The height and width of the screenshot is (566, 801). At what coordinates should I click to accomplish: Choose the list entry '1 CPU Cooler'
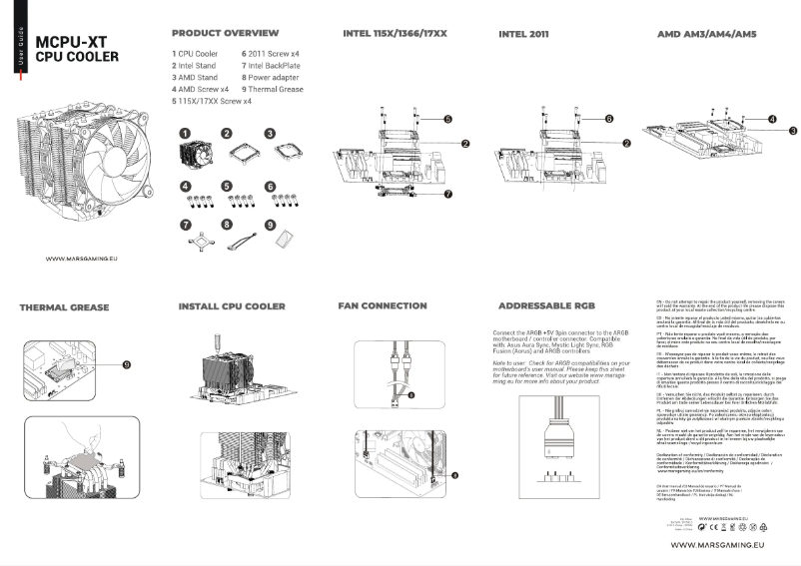[x=198, y=52]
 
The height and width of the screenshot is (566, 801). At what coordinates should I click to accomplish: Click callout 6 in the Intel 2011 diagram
[x=608, y=118]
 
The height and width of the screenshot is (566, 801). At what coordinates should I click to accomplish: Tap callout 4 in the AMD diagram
[x=773, y=117]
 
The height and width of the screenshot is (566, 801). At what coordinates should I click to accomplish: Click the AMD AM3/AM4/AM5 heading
[x=706, y=34]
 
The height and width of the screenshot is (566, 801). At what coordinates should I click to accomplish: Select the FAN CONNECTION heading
[x=383, y=305]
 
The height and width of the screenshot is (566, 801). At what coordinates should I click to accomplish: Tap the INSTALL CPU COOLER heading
[x=232, y=305]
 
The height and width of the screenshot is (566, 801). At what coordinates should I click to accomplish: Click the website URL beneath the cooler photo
[x=83, y=258]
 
